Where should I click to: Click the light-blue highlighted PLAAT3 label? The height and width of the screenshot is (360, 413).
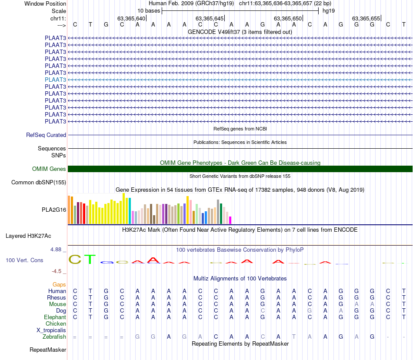pos(56,80)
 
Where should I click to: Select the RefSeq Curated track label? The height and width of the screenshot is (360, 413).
pos(46,135)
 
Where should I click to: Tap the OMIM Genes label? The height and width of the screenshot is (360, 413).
pos(49,169)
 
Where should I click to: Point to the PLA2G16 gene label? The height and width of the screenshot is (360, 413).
pos(54,210)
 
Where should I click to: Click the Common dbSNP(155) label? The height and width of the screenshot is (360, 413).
pos(39,183)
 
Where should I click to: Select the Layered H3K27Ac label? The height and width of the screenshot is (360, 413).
pos(28,236)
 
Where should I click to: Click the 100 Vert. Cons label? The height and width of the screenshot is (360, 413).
pos(24,260)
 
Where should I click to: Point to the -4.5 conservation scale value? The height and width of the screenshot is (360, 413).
pos(57,271)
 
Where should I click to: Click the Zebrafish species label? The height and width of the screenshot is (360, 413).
pos(54,337)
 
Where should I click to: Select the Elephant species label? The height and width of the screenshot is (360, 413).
pos(55,317)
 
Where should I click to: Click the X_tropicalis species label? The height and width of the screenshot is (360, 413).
pos(51,330)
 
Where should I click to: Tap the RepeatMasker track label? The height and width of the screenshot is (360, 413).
pos(48,350)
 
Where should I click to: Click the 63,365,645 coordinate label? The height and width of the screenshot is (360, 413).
pos(210,18)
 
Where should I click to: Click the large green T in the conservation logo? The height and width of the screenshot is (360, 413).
pos(90,260)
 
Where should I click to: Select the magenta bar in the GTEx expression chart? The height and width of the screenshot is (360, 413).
pos(230,220)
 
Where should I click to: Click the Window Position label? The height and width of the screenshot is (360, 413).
pos(45,3)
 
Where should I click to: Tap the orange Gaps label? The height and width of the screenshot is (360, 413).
pos(59,284)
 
